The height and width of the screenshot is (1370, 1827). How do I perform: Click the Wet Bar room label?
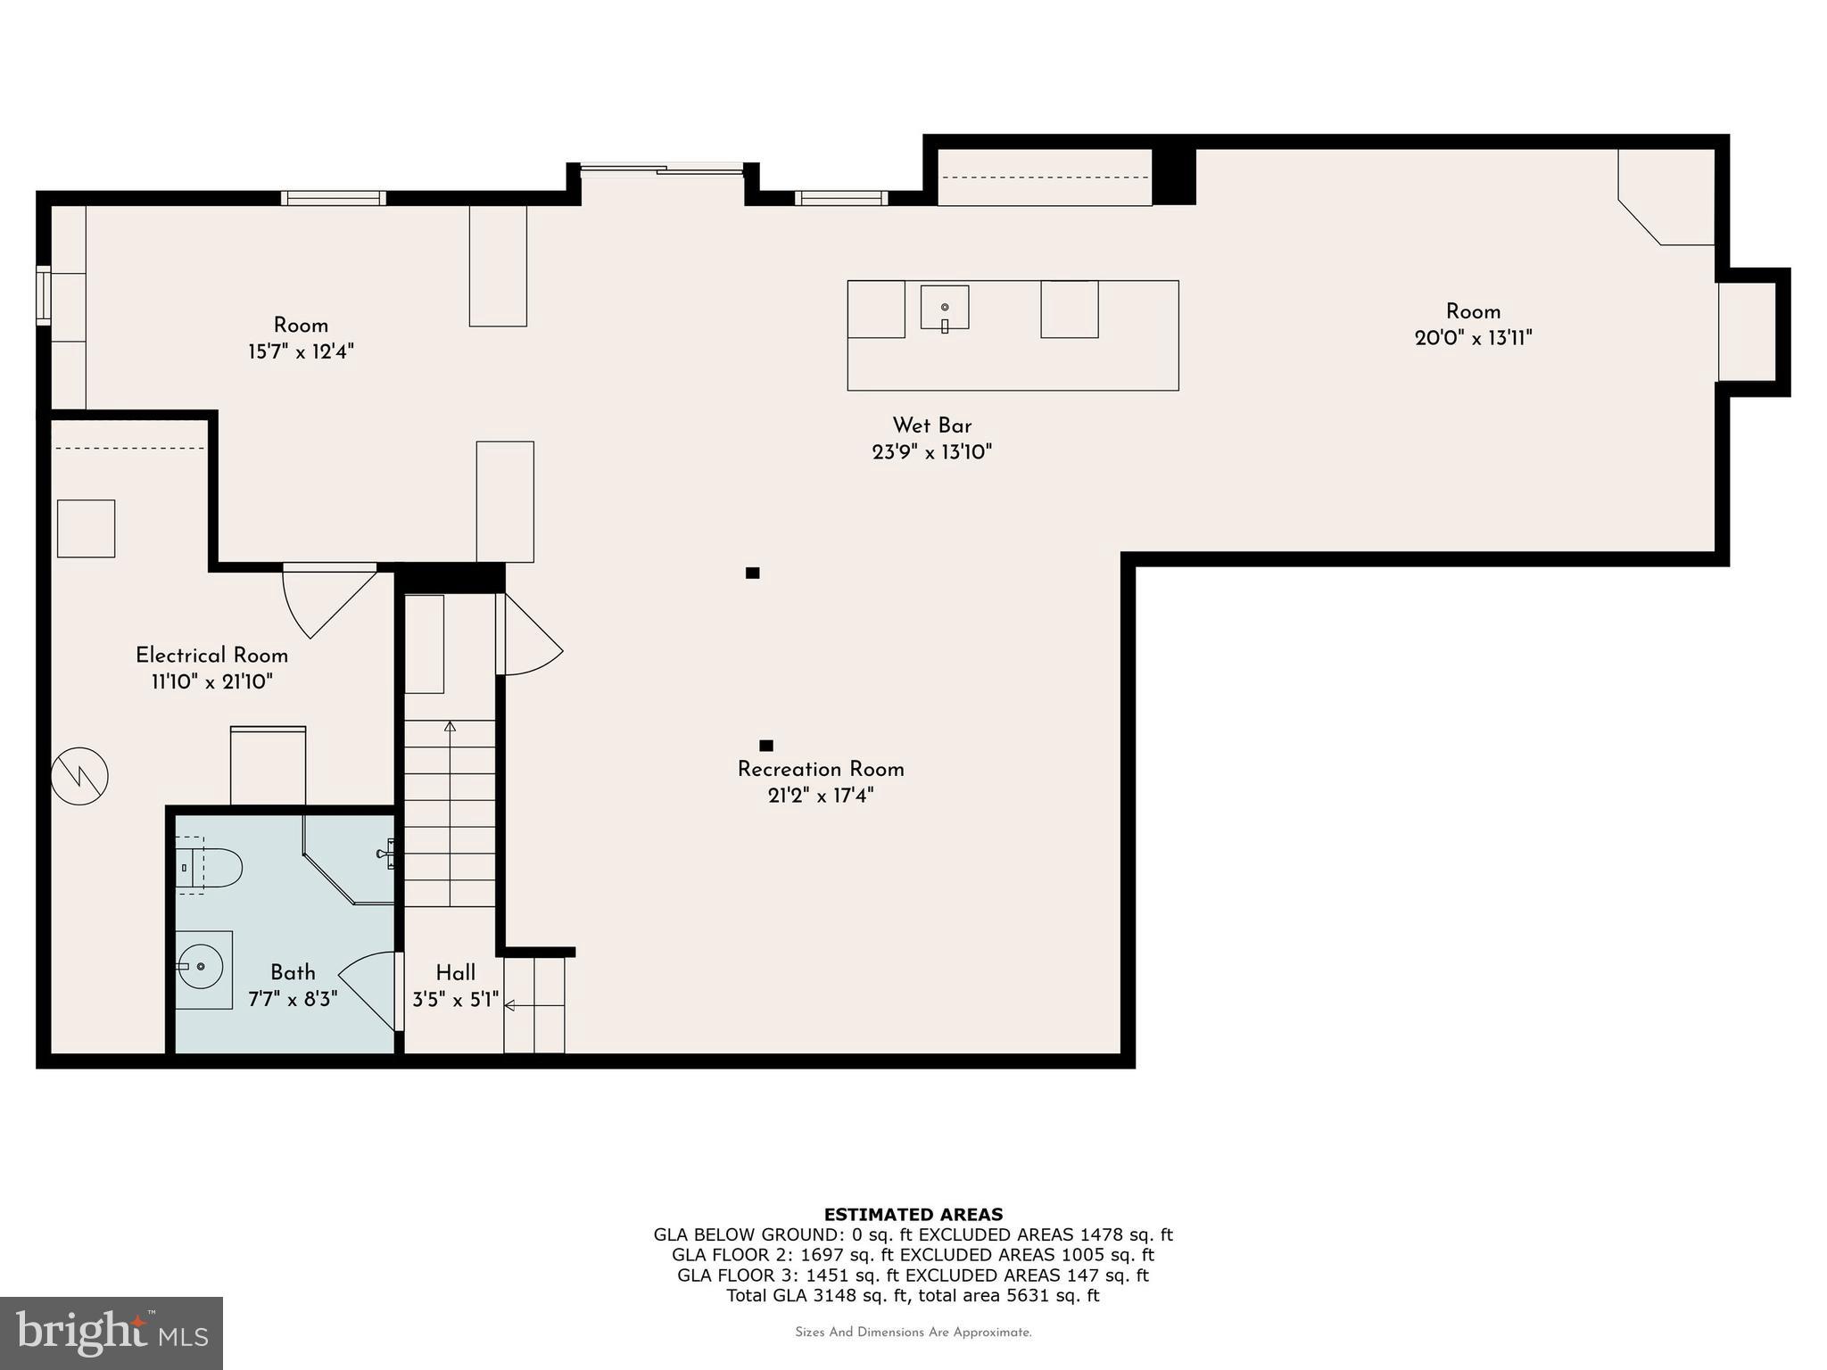coord(931,425)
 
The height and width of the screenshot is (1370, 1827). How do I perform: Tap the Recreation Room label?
coord(820,769)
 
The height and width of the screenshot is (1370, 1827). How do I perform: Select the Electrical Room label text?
coord(211,656)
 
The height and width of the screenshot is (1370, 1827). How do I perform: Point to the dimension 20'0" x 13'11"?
coord(1473,338)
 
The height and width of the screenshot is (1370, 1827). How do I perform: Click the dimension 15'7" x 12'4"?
coord(301,351)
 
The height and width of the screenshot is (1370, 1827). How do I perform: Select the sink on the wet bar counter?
coord(944,309)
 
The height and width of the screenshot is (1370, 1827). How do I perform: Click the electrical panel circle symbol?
coord(79,776)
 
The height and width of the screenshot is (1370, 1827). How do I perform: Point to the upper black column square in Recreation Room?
coord(752,573)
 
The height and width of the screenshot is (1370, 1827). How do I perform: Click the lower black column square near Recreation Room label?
coord(765,746)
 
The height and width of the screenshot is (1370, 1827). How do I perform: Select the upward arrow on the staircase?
coord(450,727)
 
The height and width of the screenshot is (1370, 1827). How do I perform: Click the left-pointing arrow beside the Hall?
coord(510,1005)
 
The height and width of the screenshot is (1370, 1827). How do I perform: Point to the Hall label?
coord(455,973)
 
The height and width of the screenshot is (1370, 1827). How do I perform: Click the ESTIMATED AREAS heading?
coord(913,1214)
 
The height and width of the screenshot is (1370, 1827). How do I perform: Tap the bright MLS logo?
coord(112,1333)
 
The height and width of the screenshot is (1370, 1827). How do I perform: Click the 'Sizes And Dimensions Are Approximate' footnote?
coord(913,1333)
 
